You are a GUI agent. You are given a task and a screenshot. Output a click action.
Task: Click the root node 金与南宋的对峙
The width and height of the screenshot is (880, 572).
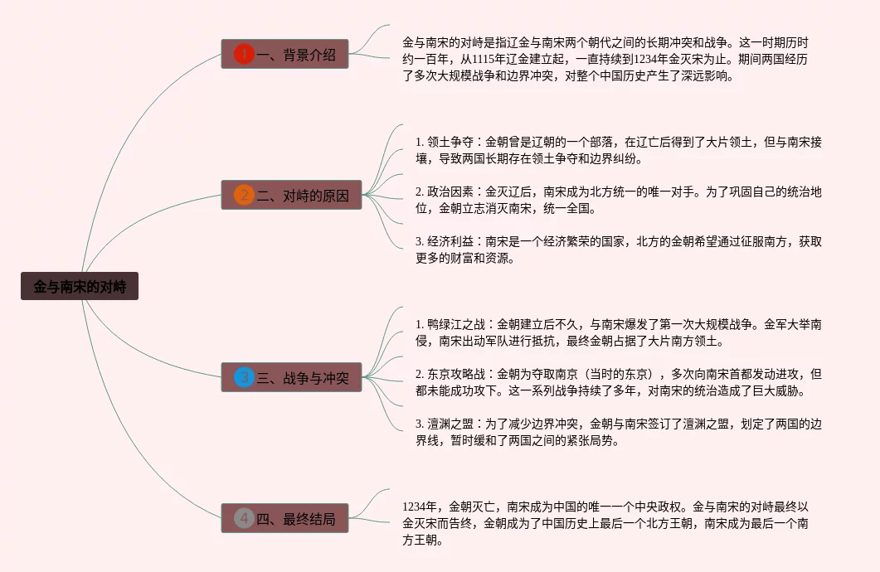[x=80, y=287]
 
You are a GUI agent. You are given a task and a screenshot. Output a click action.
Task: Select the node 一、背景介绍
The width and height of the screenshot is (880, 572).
[x=284, y=55]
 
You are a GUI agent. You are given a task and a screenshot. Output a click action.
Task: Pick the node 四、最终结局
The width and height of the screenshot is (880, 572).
[x=284, y=519]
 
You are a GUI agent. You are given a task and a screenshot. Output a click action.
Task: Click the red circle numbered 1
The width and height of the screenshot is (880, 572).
[x=243, y=55]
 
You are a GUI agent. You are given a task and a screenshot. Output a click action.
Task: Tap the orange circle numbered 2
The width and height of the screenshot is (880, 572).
[x=243, y=196]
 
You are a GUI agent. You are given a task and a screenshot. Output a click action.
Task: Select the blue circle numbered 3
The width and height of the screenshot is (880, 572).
[x=243, y=378]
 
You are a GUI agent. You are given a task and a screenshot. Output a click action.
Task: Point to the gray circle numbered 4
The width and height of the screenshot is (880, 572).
[x=243, y=519]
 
